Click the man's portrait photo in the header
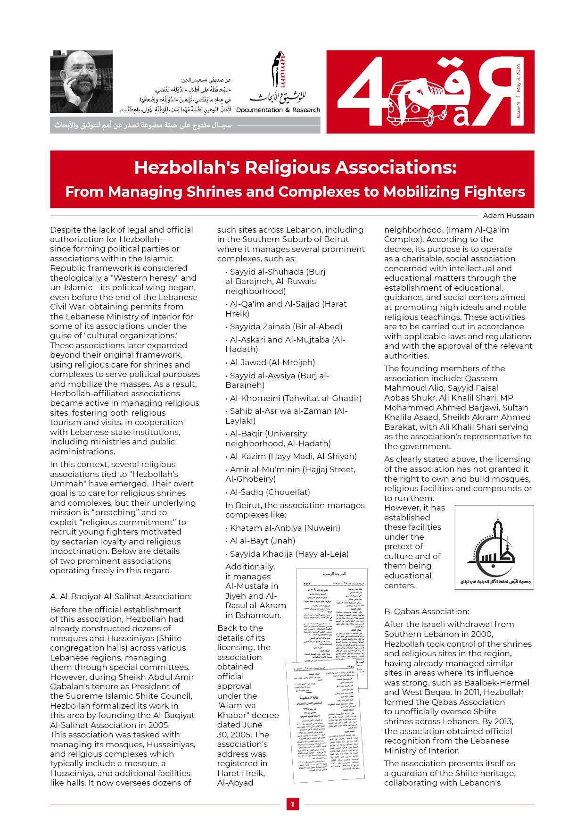click(81, 81)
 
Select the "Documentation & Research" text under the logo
click(278, 110)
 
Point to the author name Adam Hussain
click(508, 216)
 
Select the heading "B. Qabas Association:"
click(426, 611)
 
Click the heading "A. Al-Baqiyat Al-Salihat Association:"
click(121, 596)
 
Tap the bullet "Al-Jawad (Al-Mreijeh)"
click(272, 362)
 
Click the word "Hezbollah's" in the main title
click(186, 167)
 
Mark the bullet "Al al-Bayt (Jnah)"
click(262, 541)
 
